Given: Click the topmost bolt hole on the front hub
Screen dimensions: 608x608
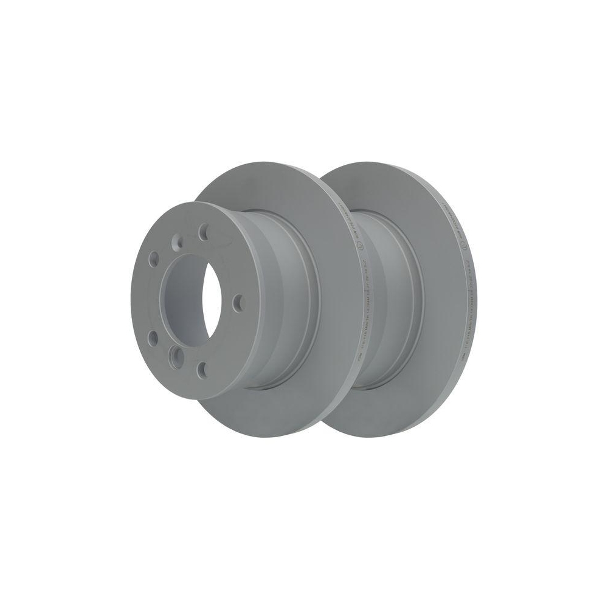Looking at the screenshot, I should click(204, 231).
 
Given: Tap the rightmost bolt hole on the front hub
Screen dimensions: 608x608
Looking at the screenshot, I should click(237, 302).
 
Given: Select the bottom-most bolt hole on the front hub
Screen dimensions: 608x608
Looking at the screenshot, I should click(202, 367).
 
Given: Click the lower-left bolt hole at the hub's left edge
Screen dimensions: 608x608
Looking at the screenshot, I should click(152, 338).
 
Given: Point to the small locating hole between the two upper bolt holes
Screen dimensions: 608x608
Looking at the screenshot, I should click(177, 242).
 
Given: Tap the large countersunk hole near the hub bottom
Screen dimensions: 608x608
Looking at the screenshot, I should click(176, 354).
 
